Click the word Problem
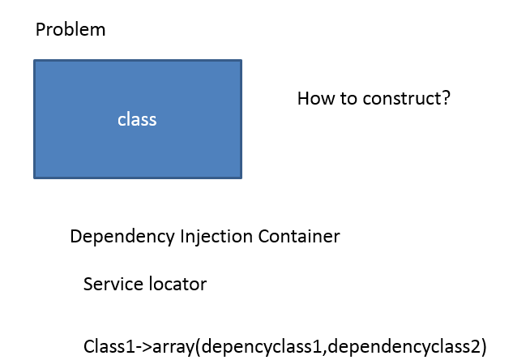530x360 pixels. click(71, 29)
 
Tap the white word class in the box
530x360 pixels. click(137, 119)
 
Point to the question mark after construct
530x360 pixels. click(444, 98)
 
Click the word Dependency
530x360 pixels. click(122, 237)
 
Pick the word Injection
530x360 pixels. click(216, 237)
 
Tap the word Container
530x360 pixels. click(299, 236)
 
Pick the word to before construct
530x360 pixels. click(348, 99)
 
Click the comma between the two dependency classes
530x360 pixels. click(325, 352)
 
